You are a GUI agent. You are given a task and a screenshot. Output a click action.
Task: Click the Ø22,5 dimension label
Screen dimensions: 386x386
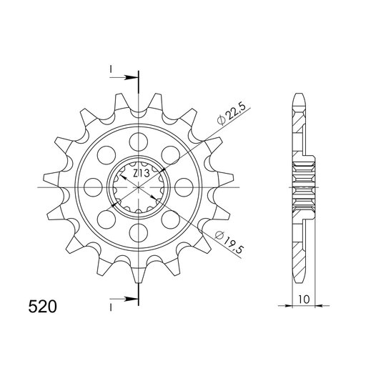[232, 114]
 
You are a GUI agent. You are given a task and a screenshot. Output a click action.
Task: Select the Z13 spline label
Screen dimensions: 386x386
[141, 174]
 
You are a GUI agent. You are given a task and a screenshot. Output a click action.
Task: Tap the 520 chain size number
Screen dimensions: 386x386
[43, 307]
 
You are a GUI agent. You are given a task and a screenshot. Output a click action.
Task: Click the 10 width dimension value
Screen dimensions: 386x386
[304, 300]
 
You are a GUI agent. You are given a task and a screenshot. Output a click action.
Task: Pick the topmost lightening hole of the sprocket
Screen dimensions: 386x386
[139, 142]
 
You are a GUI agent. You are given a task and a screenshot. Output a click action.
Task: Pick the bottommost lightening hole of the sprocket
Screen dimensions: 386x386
[139, 233]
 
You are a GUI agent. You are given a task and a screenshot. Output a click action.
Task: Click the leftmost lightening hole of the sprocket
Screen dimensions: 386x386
[93, 187]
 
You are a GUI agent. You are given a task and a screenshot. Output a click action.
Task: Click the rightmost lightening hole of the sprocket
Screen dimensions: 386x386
[184, 187]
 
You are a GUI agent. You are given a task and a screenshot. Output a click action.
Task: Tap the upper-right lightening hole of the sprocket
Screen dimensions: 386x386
[171, 155]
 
